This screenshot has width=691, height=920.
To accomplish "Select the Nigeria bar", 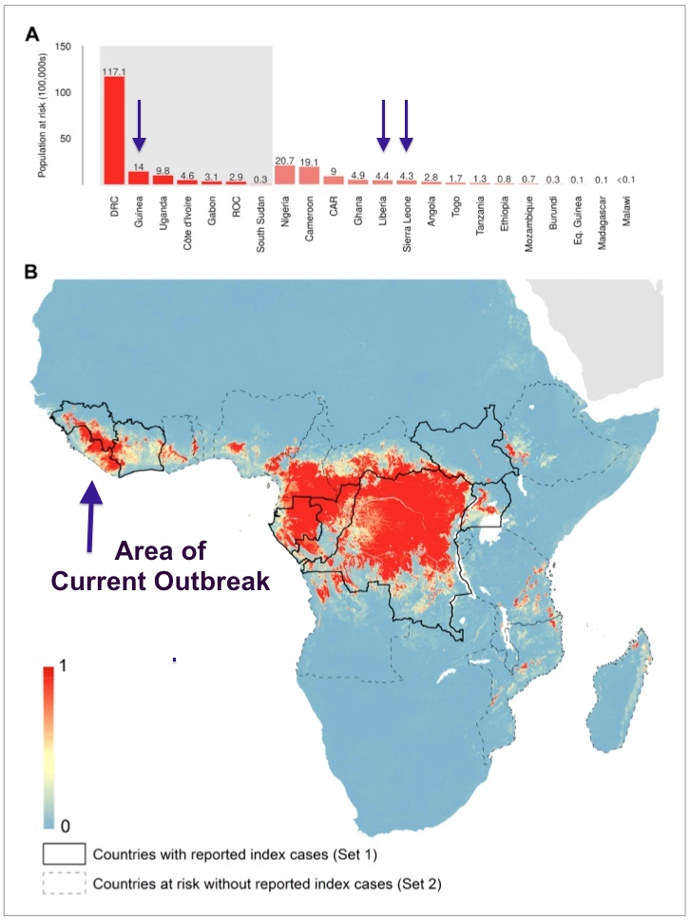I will coord(284,174).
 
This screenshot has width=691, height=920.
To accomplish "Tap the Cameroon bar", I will coord(309,175).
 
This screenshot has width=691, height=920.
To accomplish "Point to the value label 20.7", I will coord(284,160).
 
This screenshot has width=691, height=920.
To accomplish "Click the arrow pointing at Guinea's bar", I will coord(139,125).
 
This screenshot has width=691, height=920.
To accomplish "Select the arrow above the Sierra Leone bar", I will coord(407,125).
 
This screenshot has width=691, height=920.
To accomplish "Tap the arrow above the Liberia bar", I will coord(383,125).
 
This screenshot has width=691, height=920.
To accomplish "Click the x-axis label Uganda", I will coord(163,212).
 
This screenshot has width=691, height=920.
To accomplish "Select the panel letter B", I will coord(32,273).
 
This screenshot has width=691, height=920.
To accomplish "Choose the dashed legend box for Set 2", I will coord(63,884).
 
